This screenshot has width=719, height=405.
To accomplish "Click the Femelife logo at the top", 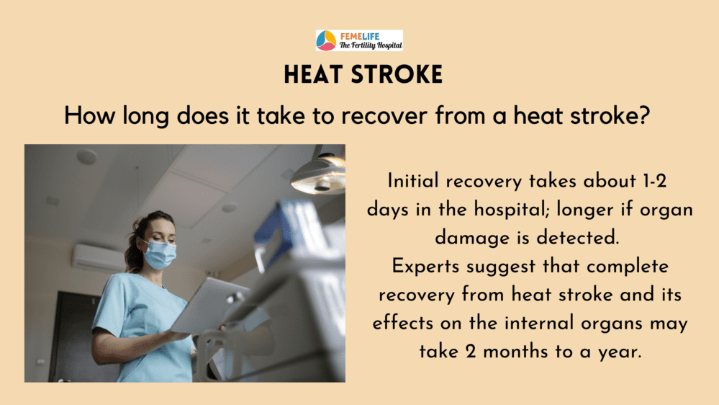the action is pos(359,40).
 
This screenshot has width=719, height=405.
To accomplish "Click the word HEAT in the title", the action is pos(313,74).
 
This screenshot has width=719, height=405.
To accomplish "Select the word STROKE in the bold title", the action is pos(397,74).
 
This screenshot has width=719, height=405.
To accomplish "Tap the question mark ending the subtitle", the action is pos(644,115).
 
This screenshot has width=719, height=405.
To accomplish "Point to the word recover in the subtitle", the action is pos(384,116).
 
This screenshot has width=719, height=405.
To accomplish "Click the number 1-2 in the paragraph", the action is pos(654,181).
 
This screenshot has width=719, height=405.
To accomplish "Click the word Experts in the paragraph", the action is pos(425,267).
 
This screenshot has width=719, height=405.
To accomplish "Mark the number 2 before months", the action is pos(470,352).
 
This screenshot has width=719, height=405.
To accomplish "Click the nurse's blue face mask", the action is pos(160,254).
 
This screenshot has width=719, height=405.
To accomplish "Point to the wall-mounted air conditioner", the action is pos(98,258).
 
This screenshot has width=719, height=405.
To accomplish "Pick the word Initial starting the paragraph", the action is pos(413,181).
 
